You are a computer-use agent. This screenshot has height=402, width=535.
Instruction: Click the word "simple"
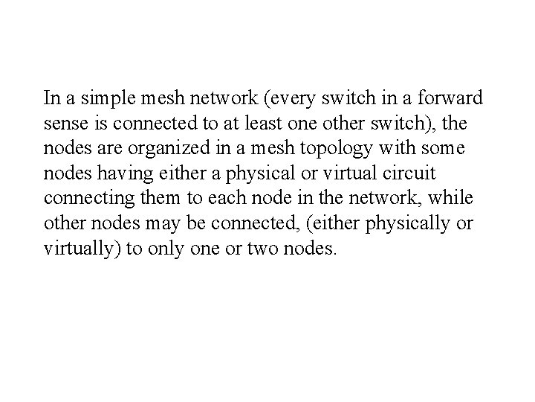tap(95, 98)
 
